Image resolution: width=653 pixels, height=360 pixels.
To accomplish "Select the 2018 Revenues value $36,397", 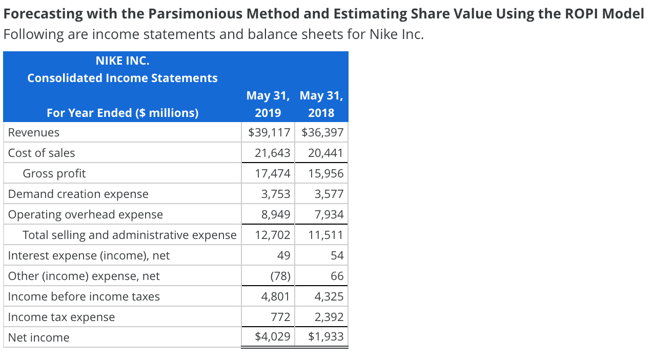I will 322,133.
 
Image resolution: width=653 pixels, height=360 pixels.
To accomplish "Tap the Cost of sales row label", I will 42,153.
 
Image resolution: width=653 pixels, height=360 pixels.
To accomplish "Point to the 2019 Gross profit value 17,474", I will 273,174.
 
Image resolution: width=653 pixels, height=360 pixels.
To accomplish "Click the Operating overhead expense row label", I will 86,215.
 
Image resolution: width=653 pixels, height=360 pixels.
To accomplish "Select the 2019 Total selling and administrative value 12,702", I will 273,235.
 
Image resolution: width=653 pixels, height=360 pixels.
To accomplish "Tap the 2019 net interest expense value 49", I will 283,256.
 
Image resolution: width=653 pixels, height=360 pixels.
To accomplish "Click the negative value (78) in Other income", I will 280,276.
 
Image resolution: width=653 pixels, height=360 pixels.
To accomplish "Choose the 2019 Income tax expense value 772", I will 280,317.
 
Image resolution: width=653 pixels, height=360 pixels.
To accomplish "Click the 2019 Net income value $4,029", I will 273,337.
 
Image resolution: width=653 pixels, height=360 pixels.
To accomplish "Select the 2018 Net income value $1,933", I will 326,337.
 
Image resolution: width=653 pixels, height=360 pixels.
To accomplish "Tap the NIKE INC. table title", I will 123,61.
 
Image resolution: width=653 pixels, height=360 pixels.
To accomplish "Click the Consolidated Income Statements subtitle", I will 123,78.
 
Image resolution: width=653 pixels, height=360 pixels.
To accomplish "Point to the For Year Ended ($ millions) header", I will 123,113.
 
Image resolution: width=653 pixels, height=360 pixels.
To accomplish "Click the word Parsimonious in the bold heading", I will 209,14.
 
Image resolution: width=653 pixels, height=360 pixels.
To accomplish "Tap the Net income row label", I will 39,338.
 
